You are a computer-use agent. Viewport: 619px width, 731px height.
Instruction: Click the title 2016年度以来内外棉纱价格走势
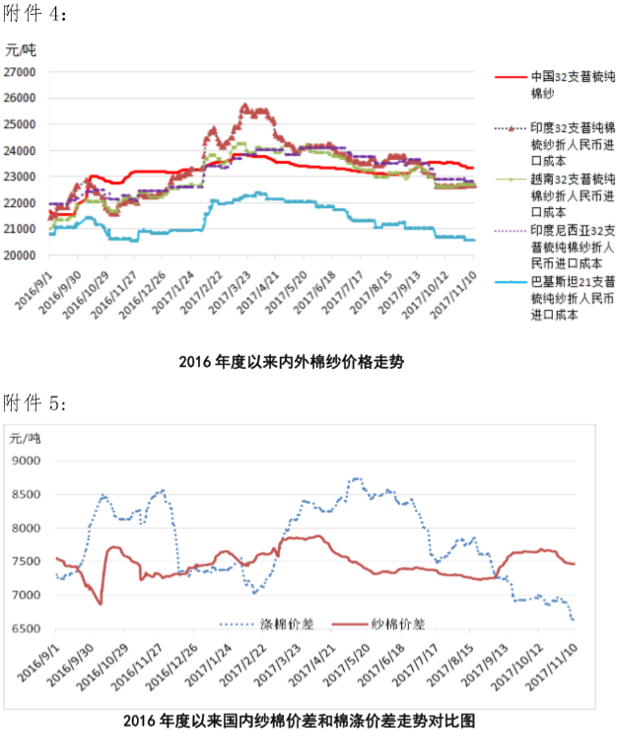[x=292, y=362]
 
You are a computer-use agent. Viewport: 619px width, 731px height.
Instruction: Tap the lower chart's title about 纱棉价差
[x=292, y=719]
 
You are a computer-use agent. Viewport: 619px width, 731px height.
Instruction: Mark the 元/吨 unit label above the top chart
[x=21, y=49]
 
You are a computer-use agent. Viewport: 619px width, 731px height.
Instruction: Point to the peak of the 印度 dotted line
[x=244, y=105]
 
